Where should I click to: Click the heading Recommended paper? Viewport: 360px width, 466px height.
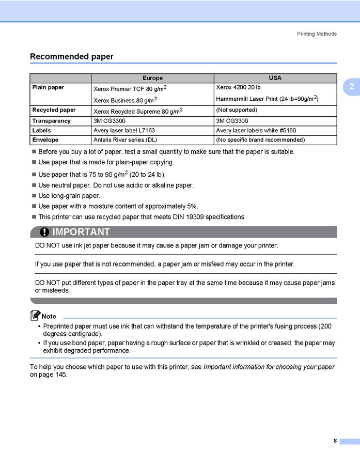(71, 56)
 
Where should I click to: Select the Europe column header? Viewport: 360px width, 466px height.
(152, 78)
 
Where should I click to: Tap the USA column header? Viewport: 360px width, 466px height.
(275, 78)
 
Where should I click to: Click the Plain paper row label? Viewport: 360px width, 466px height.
(48, 87)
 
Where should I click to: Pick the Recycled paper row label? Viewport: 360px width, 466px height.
(54, 110)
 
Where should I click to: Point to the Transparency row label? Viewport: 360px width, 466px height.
(51, 120)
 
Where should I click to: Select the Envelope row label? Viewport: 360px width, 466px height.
(45, 140)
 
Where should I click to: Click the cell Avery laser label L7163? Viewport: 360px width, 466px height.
(124, 131)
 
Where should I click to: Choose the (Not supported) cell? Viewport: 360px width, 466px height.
(237, 110)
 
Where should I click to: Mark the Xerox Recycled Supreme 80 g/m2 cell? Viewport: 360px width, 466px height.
(138, 111)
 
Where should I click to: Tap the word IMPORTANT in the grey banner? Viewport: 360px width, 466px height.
(81, 232)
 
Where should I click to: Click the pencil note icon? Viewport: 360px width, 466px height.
(35, 315)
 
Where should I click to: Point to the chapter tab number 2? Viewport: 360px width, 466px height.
(351, 87)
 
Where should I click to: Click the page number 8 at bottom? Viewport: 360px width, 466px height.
(335, 441)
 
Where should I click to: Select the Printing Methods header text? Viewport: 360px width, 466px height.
(317, 34)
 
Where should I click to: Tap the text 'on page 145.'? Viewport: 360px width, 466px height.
(49, 375)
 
